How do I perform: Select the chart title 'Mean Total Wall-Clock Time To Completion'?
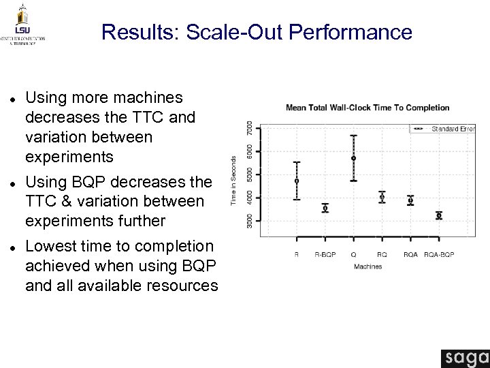[367, 107]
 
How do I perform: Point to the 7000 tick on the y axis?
[249, 128]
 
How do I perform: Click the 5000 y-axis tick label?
[249, 174]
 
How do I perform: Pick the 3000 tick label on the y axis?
[249, 221]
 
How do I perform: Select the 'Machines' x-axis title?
[367, 266]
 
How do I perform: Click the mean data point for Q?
[354, 158]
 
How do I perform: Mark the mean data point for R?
[296, 181]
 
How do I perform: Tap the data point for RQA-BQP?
[439, 215]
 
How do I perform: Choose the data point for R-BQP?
[325, 208]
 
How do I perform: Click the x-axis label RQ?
[382, 255]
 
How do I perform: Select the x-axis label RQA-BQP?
[439, 255]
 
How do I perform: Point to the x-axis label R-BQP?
[325, 255]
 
